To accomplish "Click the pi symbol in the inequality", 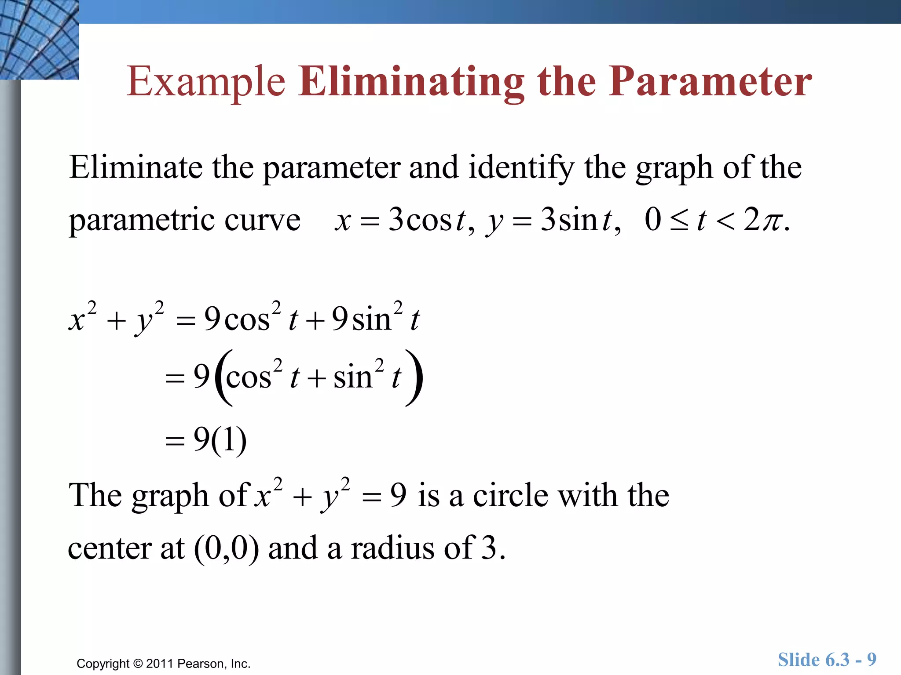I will click(773, 220).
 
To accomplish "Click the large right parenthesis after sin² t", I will click(414, 377).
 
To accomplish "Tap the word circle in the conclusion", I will click(510, 496).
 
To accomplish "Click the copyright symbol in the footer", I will click(138, 664).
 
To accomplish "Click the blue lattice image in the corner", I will click(39, 40).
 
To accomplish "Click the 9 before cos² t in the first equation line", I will click(212, 318).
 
